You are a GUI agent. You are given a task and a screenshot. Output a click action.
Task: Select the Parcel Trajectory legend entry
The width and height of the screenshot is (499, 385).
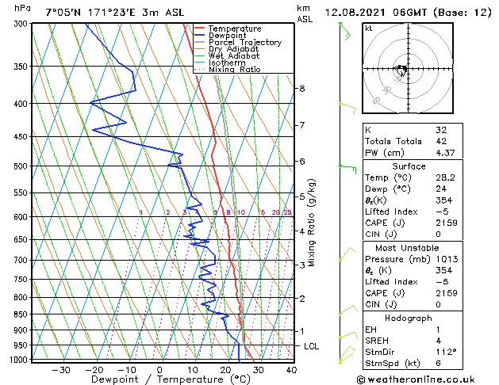point(244,42)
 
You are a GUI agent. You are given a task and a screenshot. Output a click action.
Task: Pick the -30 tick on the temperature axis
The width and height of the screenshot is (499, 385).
point(61,369)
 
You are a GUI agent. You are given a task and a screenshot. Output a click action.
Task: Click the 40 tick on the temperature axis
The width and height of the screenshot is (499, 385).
point(291,369)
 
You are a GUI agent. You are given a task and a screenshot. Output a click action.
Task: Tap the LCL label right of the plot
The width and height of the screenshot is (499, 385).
point(313,346)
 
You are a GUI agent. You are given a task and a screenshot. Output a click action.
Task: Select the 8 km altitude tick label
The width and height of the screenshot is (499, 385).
point(302,88)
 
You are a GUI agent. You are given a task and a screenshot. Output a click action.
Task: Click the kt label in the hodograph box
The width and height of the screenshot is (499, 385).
point(369,29)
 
